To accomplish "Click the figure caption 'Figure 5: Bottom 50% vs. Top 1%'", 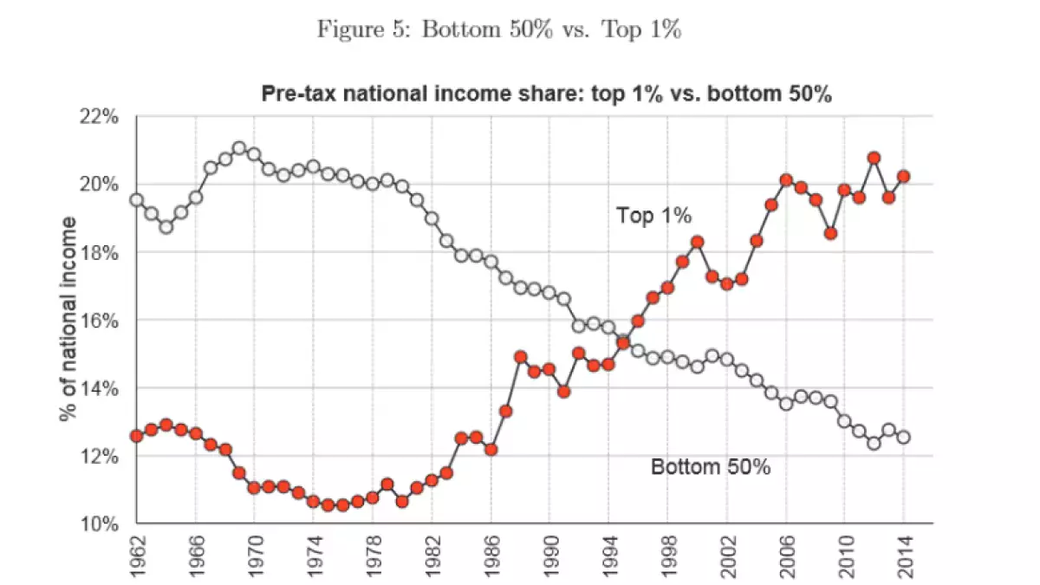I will click(x=500, y=29).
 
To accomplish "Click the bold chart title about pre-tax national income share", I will click(x=546, y=94).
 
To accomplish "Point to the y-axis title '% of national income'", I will click(x=70, y=319).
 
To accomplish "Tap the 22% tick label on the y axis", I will click(x=100, y=116).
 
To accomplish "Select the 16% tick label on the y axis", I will click(x=100, y=320).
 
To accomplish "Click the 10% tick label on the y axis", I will click(x=100, y=523).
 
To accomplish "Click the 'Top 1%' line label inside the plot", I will click(x=653, y=215).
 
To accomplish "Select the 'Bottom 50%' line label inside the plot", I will click(x=711, y=467).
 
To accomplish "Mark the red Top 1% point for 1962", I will click(x=136, y=435).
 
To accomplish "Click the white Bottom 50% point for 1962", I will click(x=136, y=199).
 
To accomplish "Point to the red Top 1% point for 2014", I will click(x=903, y=176).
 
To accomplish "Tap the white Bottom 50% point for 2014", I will click(x=903, y=437).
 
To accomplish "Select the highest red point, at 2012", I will click(x=874, y=158).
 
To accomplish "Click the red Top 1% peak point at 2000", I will click(x=697, y=242).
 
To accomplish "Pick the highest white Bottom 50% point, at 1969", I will click(x=239, y=148).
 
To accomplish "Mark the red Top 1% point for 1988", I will click(x=520, y=356).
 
